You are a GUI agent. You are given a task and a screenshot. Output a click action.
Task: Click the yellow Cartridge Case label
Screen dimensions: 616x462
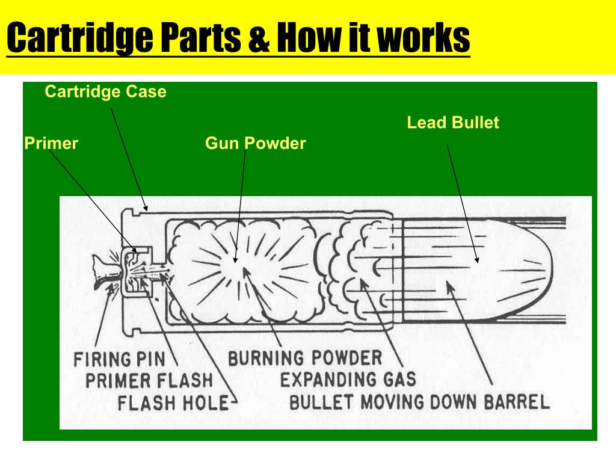tap(105, 91)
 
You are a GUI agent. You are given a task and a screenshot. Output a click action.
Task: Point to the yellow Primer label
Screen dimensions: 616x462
tap(51, 143)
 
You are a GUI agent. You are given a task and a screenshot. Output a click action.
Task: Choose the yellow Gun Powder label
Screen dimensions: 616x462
tap(255, 143)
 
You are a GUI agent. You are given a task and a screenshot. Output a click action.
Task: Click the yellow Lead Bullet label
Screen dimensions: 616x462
tap(453, 123)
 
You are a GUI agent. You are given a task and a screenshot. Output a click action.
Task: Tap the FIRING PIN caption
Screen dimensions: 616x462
tap(120, 359)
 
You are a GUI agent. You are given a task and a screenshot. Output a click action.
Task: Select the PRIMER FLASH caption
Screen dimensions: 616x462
tap(149, 380)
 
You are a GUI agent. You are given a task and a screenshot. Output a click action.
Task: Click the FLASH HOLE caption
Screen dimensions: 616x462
tap(173, 402)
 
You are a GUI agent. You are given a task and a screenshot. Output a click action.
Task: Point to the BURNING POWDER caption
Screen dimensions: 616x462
tap(305, 358)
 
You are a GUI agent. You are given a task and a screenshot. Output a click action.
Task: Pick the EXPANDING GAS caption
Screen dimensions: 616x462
tap(348, 380)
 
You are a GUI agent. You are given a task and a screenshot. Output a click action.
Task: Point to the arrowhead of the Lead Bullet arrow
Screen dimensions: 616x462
tap(477, 259)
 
